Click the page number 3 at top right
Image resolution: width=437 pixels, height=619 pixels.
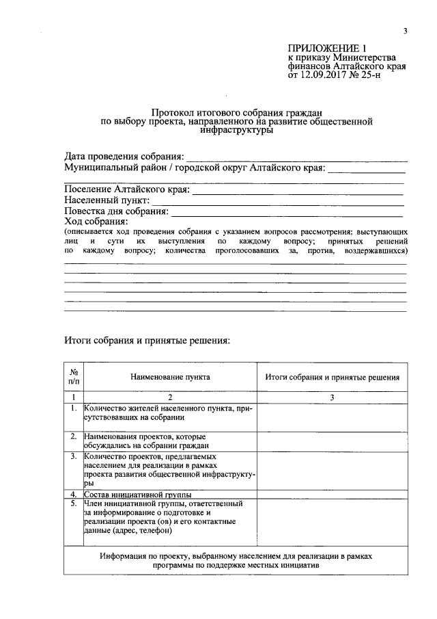point(406,31)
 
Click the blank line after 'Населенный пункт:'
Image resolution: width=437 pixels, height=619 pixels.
point(277,202)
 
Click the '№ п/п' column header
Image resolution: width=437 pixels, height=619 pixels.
point(74,377)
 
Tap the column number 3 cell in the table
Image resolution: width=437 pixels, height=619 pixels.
point(332,397)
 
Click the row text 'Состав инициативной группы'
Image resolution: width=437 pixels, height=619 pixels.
point(137,494)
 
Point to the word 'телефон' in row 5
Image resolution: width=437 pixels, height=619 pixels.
point(158,530)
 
